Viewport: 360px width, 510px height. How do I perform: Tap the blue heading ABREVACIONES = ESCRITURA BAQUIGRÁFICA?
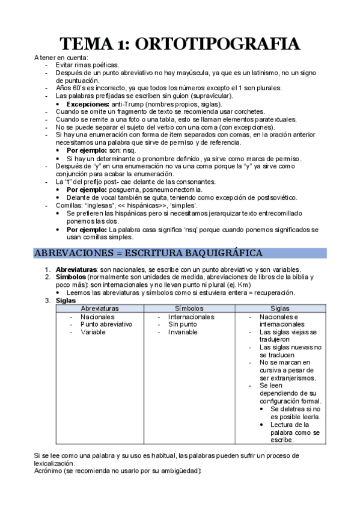pos(148,253)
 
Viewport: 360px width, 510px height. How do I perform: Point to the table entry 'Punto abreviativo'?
pos(106,324)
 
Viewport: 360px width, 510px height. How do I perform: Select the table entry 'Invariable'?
pos(183,331)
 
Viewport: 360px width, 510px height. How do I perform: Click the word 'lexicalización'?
pos(55,464)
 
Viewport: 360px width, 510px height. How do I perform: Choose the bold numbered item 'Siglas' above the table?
pos(66,300)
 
